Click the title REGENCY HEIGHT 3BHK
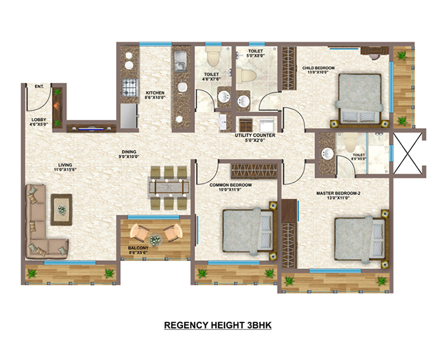point(217,325)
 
